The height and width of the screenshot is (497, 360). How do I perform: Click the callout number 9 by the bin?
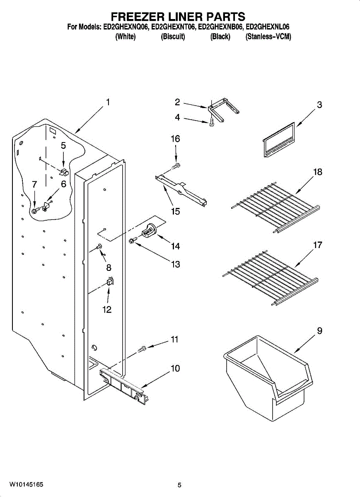[319, 331]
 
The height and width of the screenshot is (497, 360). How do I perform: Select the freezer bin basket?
[267, 374]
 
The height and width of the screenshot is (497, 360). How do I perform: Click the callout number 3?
[319, 105]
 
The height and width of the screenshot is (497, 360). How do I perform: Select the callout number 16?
[176, 139]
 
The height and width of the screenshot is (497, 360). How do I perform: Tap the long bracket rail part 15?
[181, 188]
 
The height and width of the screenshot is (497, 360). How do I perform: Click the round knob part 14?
[149, 230]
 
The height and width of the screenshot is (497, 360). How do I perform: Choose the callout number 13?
[176, 264]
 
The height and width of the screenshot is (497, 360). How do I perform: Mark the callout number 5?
[63, 145]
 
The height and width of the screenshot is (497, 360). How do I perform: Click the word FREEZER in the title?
[136, 17]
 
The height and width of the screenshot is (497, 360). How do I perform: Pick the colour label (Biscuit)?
[172, 37]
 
